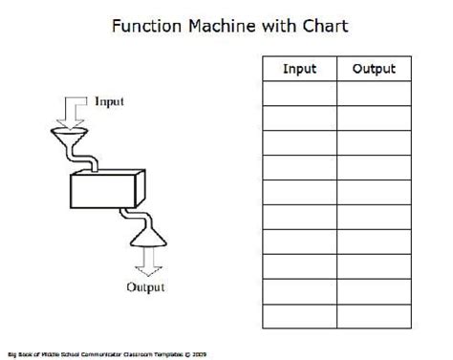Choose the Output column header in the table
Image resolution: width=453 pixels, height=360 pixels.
[x=374, y=69]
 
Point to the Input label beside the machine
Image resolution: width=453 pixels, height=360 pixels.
[x=109, y=100]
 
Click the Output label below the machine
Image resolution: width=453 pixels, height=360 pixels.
[x=146, y=286]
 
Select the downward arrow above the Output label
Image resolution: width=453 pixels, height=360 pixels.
[x=146, y=258]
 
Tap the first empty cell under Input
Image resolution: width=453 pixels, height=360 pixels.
[x=300, y=93]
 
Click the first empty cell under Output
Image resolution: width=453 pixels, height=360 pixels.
[x=374, y=93]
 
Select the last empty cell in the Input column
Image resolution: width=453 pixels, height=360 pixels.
[x=300, y=315]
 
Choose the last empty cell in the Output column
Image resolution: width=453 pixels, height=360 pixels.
[x=374, y=315]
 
